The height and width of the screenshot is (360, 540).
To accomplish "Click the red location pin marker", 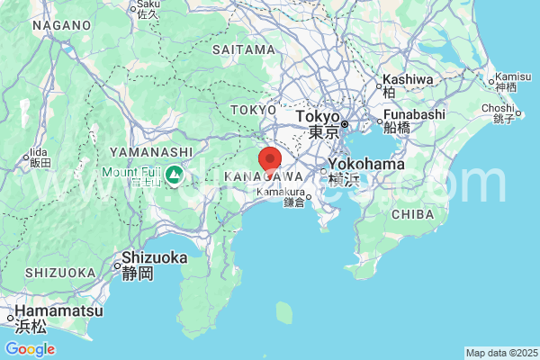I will tap(270, 159).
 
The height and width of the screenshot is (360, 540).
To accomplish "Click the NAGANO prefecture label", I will tap(62, 25).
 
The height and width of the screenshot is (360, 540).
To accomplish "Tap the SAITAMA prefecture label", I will tap(243, 49).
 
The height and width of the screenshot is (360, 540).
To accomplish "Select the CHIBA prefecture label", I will tap(413, 213).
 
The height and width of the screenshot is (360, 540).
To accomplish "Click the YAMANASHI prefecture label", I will tap(151, 152).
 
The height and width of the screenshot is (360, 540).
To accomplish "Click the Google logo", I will tap(30, 349).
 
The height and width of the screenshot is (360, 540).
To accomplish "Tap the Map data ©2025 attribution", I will tap(500, 353).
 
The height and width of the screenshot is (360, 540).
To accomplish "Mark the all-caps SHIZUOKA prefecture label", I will tap(60, 273).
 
